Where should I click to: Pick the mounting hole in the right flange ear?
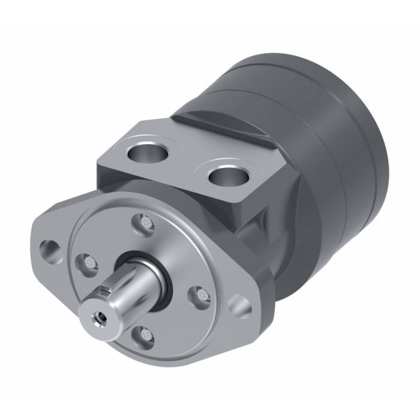coord(244,305)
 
